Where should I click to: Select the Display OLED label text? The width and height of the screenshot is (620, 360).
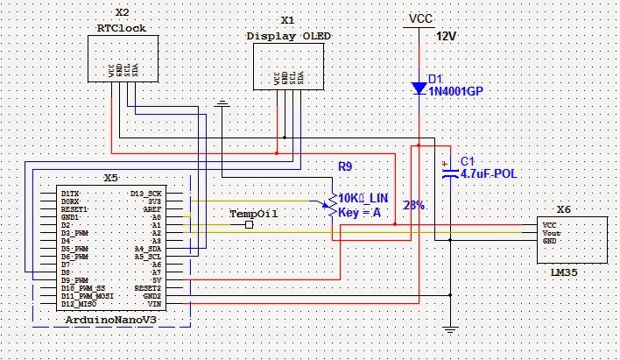pos(287,36)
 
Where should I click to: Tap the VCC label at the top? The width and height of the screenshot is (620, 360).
pos(420,18)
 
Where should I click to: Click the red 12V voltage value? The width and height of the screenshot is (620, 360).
pos(447,38)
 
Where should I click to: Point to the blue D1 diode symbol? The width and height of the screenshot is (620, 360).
pos(419,88)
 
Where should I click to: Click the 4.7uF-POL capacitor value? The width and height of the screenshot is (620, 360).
pos(489,174)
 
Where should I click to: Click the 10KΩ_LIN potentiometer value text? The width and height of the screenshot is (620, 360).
pos(363,199)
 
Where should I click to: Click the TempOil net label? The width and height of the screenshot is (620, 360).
pos(247,214)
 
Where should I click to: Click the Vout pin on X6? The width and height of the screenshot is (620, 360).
pos(552,232)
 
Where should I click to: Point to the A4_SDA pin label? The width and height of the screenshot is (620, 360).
pos(145,248)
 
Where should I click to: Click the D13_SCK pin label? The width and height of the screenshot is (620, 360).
pos(145,193)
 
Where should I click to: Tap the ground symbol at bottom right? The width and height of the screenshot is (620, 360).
pos(450,328)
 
